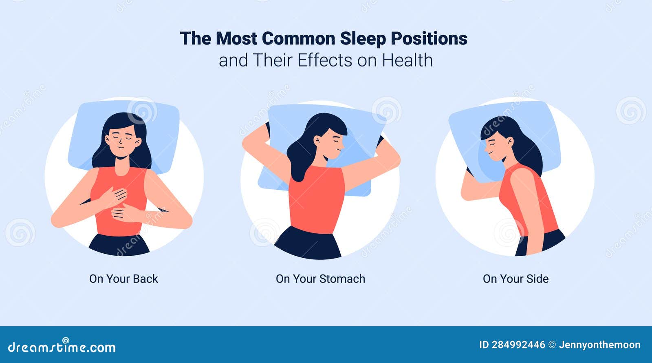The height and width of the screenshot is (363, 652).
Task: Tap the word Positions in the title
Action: coord(429,39)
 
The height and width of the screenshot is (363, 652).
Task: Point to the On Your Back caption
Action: coord(123,279)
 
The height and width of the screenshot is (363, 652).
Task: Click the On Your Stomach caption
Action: coord(320,279)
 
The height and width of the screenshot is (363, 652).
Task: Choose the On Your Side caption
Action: coord(515,279)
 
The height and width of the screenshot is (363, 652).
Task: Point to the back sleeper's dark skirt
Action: coord(119,245)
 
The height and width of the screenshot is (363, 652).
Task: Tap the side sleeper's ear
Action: coord(510,142)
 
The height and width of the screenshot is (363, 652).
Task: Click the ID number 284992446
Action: coord(518,345)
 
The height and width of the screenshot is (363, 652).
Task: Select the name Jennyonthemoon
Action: coord(599,345)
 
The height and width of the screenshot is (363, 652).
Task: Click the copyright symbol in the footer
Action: coord(552,345)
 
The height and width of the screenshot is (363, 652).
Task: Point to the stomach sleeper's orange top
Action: coord(316,200)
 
